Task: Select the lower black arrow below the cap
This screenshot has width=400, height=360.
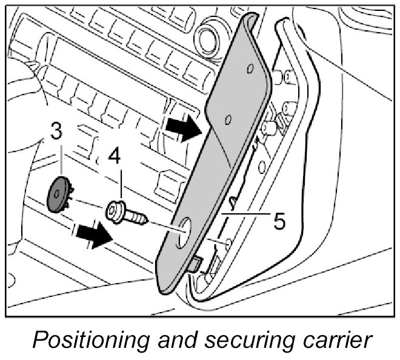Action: (x=94, y=235)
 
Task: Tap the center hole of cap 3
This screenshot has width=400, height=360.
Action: (x=58, y=193)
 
